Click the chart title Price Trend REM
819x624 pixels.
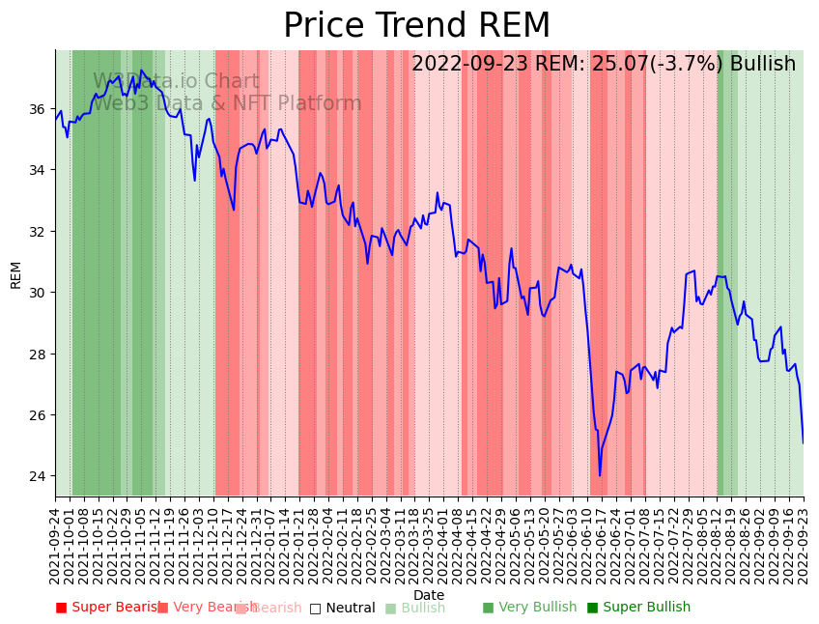(416, 26)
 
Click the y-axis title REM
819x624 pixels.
(15, 274)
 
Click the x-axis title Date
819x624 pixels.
(429, 595)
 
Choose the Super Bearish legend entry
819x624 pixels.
(107, 608)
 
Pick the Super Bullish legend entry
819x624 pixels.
(638, 608)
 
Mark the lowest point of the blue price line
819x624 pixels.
(599, 475)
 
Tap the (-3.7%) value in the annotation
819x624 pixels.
(691, 64)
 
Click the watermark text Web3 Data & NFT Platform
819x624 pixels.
(227, 103)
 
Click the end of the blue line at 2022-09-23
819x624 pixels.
(803, 443)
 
